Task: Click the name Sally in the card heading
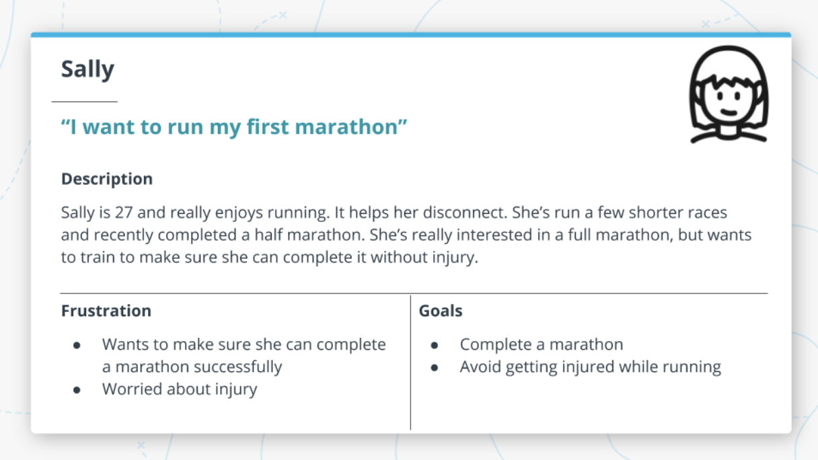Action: (x=87, y=70)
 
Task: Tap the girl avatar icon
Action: (x=728, y=95)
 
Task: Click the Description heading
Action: (x=107, y=179)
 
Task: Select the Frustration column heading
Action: (x=106, y=311)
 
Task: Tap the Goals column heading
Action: (x=441, y=311)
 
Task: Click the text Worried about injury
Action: (x=180, y=389)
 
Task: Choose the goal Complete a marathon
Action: (x=542, y=344)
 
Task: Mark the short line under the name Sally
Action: (x=85, y=102)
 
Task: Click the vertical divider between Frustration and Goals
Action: (x=410, y=363)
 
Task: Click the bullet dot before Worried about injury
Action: (x=77, y=389)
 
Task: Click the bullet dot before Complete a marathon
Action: (x=435, y=345)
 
